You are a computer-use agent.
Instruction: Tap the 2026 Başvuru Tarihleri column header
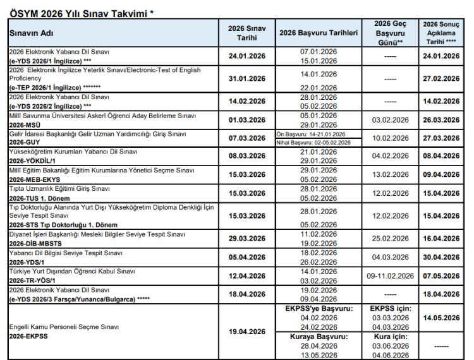click(319, 32)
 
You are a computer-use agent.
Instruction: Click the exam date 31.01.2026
click(246, 79)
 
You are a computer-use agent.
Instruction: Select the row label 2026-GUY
click(25, 143)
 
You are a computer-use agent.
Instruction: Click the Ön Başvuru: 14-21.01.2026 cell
click(311, 135)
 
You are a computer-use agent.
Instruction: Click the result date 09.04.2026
click(441, 175)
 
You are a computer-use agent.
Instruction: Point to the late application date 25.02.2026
click(391, 238)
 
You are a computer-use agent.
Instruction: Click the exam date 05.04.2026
click(246, 257)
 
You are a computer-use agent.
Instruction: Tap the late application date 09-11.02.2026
click(391, 276)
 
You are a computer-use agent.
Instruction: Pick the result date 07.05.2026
click(441, 276)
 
